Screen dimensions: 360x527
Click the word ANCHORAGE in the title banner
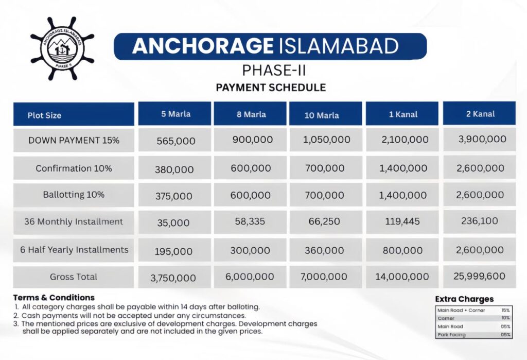(x=202, y=46)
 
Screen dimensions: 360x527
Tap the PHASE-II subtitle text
(x=271, y=69)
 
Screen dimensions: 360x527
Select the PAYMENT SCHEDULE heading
(x=271, y=87)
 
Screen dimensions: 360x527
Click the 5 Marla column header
(x=175, y=114)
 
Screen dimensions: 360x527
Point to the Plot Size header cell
(x=45, y=115)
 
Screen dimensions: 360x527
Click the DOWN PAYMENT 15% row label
(x=74, y=140)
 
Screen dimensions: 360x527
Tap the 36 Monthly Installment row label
(x=74, y=222)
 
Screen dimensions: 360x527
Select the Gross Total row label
(x=74, y=277)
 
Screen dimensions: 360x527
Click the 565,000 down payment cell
(x=175, y=141)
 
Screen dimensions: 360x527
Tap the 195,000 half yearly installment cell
(x=174, y=251)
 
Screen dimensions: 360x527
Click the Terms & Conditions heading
(x=54, y=297)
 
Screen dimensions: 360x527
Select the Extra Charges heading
(x=464, y=299)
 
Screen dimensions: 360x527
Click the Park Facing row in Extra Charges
(x=451, y=335)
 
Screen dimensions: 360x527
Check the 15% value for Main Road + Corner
(x=505, y=311)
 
